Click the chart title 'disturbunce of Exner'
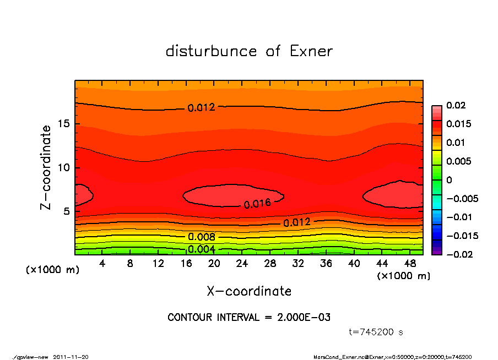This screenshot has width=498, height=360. [x=249, y=51]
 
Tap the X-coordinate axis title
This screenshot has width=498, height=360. [x=249, y=291]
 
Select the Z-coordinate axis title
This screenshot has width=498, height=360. [x=46, y=167]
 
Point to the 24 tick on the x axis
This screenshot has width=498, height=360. [x=242, y=264]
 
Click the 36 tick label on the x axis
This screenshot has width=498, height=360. [x=326, y=264]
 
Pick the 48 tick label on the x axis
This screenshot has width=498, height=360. [x=410, y=264]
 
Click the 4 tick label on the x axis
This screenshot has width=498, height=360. [x=102, y=264]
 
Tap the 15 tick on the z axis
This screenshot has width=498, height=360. [x=64, y=124]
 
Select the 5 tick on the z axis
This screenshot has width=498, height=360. [x=67, y=211]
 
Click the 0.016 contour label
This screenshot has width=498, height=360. [x=257, y=203]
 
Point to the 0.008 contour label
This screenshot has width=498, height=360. [x=202, y=237]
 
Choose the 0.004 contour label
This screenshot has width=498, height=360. [x=202, y=249]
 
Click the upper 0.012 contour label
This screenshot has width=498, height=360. [x=201, y=108]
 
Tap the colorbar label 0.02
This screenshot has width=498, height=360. [x=455, y=105]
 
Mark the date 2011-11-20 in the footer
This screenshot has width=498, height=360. [x=71, y=357]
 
